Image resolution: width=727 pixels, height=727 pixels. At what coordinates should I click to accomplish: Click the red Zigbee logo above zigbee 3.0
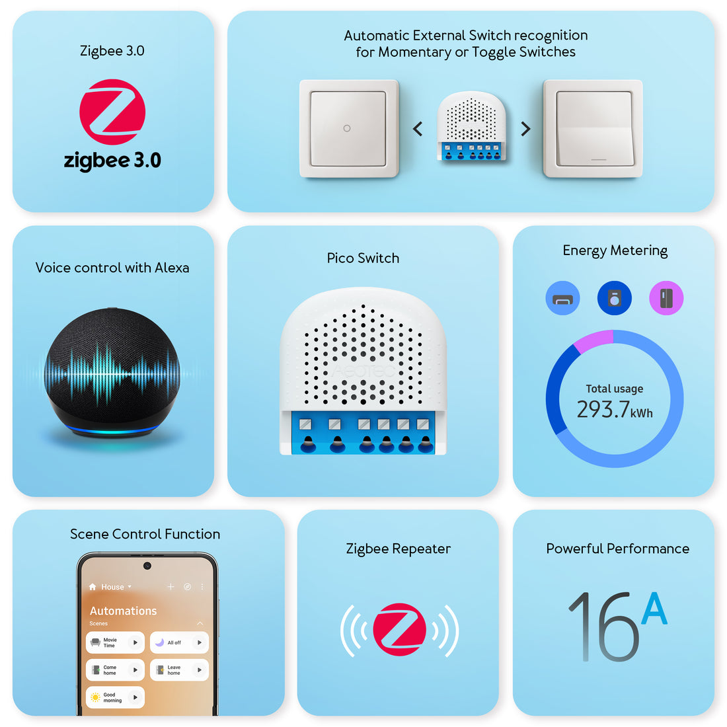(112, 112)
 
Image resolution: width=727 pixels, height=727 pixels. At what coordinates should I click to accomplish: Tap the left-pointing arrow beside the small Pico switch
(418, 129)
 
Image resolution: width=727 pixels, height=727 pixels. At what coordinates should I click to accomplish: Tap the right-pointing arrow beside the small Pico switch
(525, 129)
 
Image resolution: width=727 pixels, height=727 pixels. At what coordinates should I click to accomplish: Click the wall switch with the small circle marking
(348, 129)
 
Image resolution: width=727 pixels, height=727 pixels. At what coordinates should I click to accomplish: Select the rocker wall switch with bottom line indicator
(593, 129)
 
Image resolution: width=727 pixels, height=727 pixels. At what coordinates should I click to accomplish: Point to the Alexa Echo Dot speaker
(112, 373)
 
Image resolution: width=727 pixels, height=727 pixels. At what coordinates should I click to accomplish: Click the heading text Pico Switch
(363, 258)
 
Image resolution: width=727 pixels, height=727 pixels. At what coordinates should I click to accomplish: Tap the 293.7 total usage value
(603, 410)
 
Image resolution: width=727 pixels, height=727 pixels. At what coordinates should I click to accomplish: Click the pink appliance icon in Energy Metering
(666, 299)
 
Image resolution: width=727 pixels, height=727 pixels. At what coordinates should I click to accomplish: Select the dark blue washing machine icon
(615, 299)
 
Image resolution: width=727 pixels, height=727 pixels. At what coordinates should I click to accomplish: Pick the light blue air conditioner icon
(562, 299)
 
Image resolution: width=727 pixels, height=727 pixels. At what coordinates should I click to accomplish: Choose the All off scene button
(179, 642)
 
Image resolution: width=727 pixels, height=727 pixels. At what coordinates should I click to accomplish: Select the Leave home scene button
(179, 670)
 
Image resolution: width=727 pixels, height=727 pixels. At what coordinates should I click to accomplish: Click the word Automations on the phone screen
(124, 611)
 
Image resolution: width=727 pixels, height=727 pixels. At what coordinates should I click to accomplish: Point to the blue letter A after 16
(654, 609)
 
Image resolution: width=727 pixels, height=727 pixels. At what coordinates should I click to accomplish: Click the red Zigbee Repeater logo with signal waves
(399, 629)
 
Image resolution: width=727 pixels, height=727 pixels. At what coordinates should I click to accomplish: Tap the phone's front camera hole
(147, 566)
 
